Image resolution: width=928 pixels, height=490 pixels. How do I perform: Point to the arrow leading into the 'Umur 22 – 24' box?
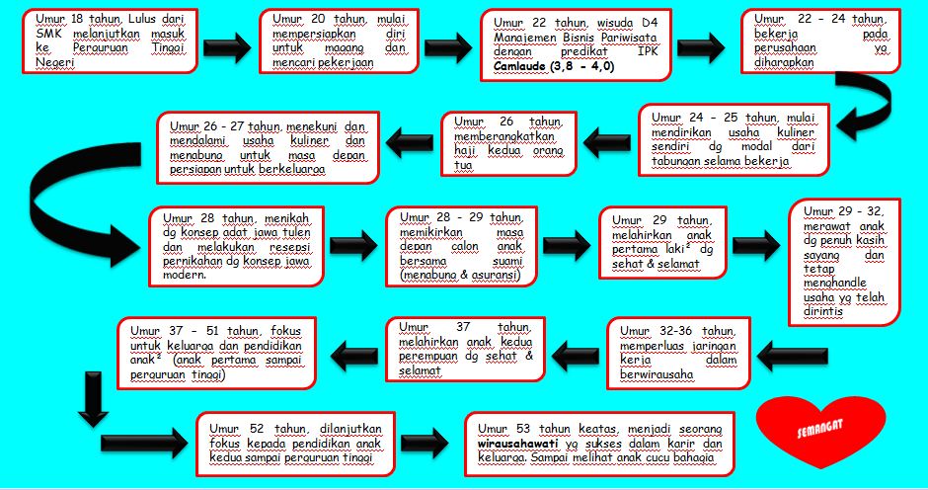702,45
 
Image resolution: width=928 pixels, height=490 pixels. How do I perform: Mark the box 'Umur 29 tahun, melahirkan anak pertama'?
663,242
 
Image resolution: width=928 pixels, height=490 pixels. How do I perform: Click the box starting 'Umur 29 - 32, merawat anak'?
844,261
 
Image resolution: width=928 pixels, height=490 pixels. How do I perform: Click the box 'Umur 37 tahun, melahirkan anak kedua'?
465,349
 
